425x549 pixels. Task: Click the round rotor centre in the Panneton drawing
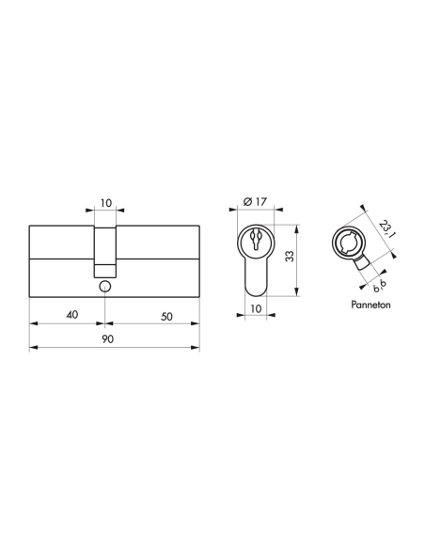click(x=346, y=243)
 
